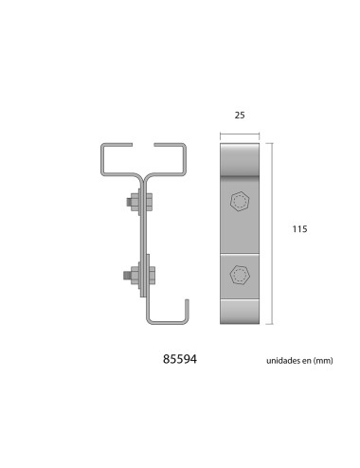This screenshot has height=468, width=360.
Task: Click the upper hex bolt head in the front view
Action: [x=240, y=202]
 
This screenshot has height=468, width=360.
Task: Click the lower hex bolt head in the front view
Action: [x=240, y=275]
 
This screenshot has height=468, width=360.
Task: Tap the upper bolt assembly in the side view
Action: [x=136, y=203]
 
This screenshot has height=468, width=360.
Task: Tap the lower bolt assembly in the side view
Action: [x=138, y=276]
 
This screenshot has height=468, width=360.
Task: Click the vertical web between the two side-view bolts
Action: [x=143, y=239]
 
